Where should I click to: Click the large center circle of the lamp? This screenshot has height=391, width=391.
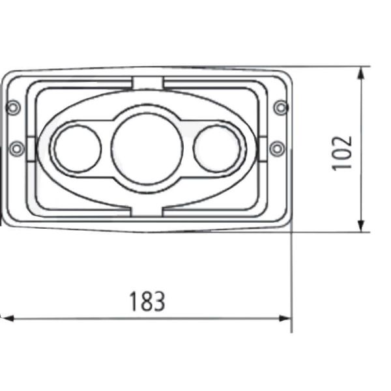tap(147, 148)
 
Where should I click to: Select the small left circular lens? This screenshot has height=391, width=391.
tap(77, 149)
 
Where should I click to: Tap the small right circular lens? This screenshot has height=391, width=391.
tap(218, 148)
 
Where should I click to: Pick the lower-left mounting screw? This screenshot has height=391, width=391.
tap(17, 149)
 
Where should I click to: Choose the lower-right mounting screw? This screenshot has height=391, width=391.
tap(277, 149)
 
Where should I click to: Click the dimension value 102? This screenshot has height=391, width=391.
tap(342, 152)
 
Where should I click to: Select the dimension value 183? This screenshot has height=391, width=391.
tap(147, 301)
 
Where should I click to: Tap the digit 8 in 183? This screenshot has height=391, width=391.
tap(147, 301)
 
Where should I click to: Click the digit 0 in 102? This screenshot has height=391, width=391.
tap(342, 152)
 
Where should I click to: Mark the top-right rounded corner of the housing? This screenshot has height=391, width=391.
tap(287, 73)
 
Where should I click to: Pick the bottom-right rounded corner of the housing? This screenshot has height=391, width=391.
tap(287, 225)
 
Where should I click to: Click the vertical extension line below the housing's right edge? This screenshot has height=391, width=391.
tap(292, 280)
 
